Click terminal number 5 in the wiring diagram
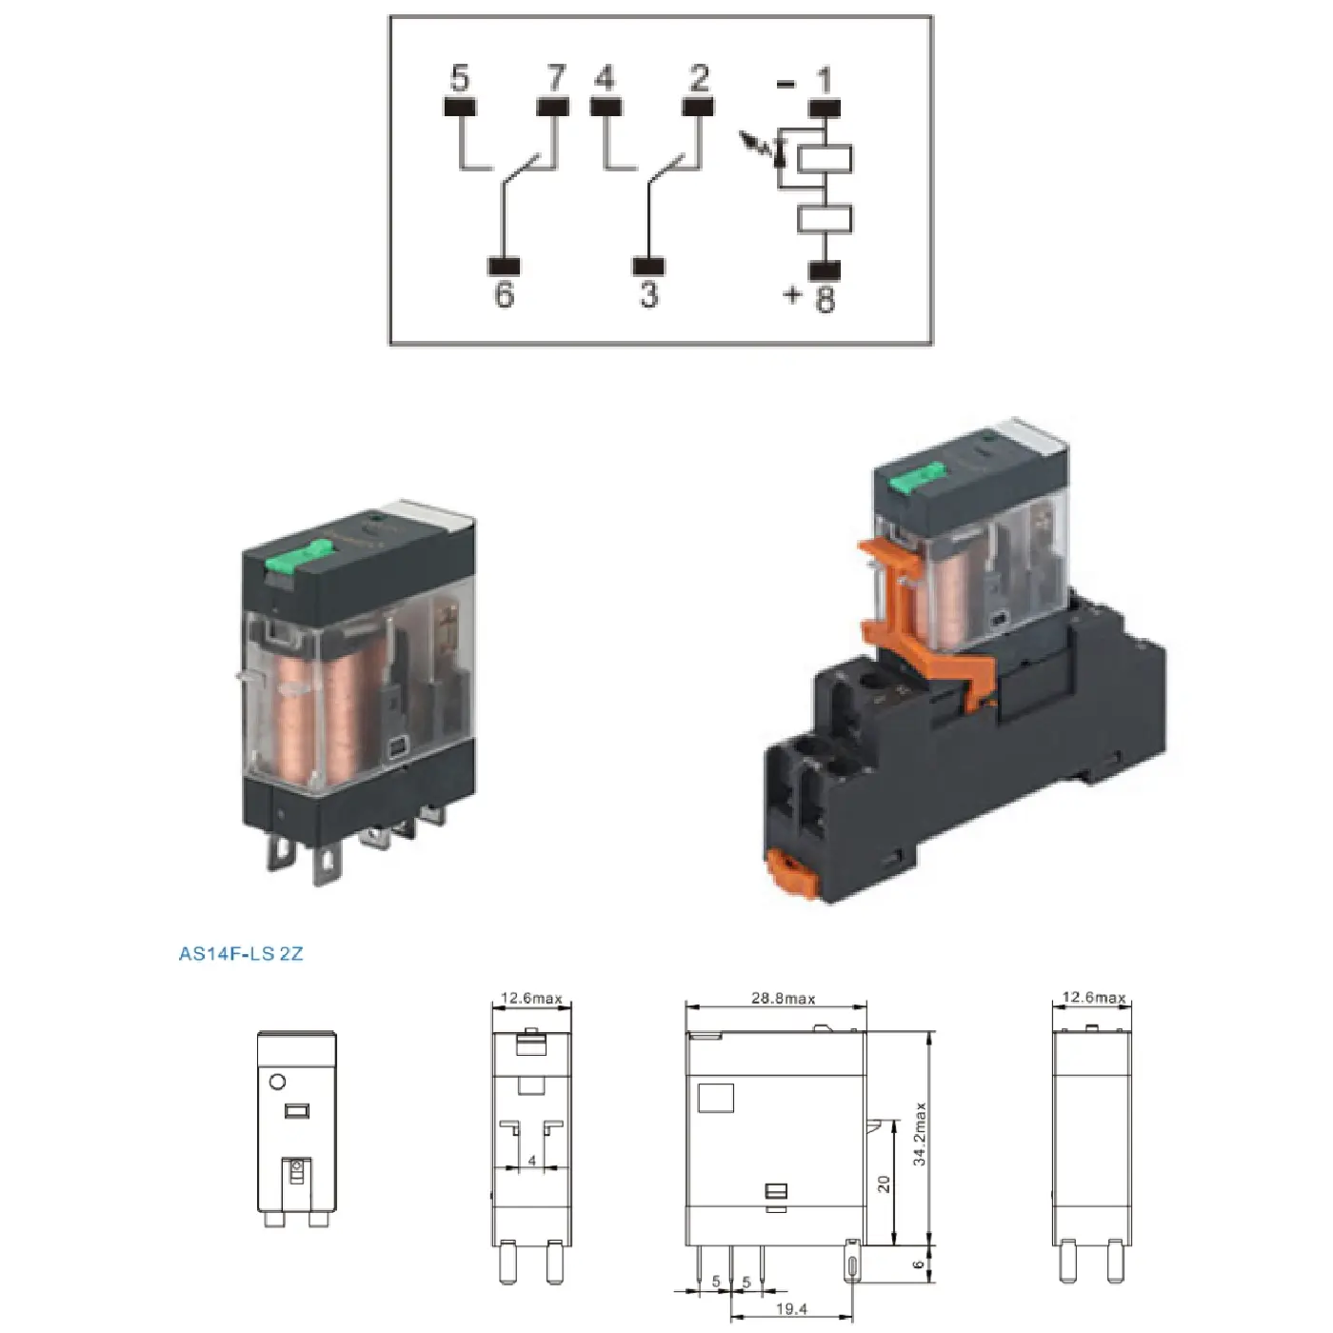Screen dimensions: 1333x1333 [459, 77]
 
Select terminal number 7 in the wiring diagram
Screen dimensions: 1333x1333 [554, 77]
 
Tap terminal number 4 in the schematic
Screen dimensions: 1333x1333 [605, 77]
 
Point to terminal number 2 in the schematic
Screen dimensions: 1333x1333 [699, 77]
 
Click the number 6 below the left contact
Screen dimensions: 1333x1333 [504, 294]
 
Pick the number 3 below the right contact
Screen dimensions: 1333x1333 [648, 294]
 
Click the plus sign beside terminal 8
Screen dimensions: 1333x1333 [792, 295]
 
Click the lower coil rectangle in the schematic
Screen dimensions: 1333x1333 [825, 219]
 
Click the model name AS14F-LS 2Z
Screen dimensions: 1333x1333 [241, 953]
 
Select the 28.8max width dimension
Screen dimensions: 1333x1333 [783, 999]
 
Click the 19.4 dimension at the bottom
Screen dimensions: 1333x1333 [791, 1309]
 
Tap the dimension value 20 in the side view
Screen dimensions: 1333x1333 [884, 1184]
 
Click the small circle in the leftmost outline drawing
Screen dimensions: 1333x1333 [278, 1082]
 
